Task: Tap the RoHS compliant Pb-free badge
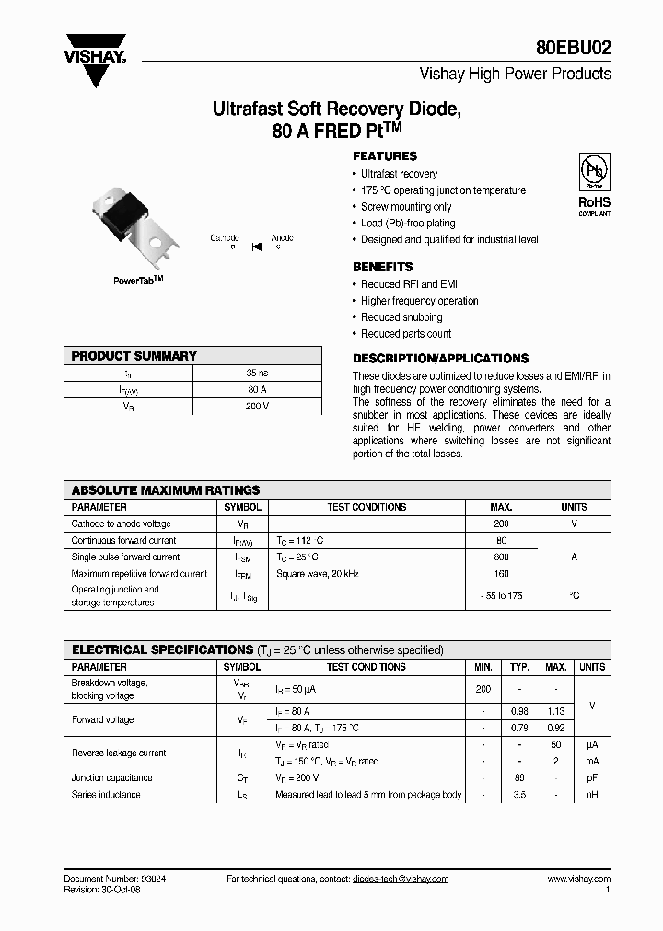[x=592, y=185]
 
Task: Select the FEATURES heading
[x=385, y=156]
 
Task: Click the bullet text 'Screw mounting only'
[x=406, y=207]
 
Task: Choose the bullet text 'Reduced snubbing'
[x=401, y=317]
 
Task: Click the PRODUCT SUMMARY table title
[x=134, y=356]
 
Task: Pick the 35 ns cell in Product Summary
[x=258, y=374]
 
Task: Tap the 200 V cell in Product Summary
[x=258, y=406]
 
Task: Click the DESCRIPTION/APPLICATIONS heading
[x=440, y=359]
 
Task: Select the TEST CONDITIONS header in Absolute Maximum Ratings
[x=366, y=507]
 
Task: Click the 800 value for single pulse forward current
[x=501, y=557]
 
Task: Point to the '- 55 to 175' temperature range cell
[x=502, y=596]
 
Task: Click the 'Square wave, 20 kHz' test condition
[x=317, y=574]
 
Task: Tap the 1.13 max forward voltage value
[x=555, y=711]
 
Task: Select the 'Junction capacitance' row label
[x=112, y=778]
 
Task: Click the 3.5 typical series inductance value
[x=519, y=795]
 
